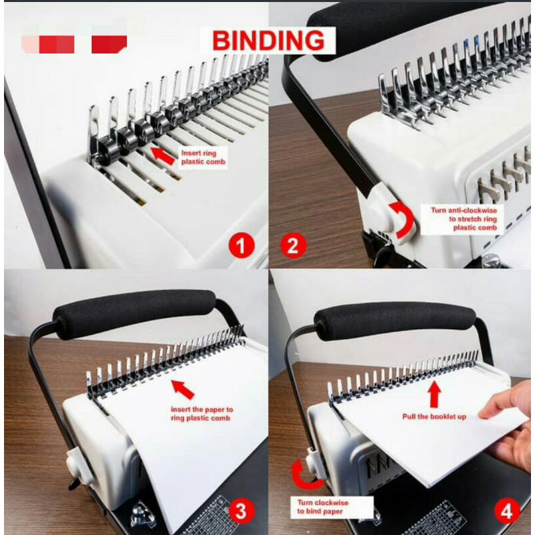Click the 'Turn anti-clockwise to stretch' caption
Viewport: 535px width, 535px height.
pos(467,219)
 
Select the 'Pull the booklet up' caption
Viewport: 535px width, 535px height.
pos(434,417)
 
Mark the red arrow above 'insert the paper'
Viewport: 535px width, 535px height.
pos(183,389)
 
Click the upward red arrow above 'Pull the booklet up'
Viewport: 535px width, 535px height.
pos(434,395)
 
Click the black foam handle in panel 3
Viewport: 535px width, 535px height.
pos(134,311)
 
